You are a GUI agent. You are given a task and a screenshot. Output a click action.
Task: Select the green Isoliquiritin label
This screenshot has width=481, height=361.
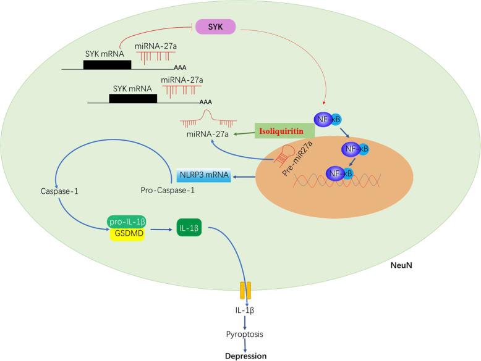[x=284, y=131]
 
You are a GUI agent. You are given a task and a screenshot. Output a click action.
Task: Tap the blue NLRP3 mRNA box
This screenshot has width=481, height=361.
[x=203, y=176]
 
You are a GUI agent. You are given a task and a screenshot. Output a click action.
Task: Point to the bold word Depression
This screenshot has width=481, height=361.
[x=247, y=356]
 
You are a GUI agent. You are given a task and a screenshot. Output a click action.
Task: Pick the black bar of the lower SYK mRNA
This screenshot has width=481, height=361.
[x=132, y=98]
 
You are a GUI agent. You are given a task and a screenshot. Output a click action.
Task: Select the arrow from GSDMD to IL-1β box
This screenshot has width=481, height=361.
[x=161, y=228]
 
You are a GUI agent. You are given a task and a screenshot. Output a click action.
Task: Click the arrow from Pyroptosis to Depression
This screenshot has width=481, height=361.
[x=247, y=339]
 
